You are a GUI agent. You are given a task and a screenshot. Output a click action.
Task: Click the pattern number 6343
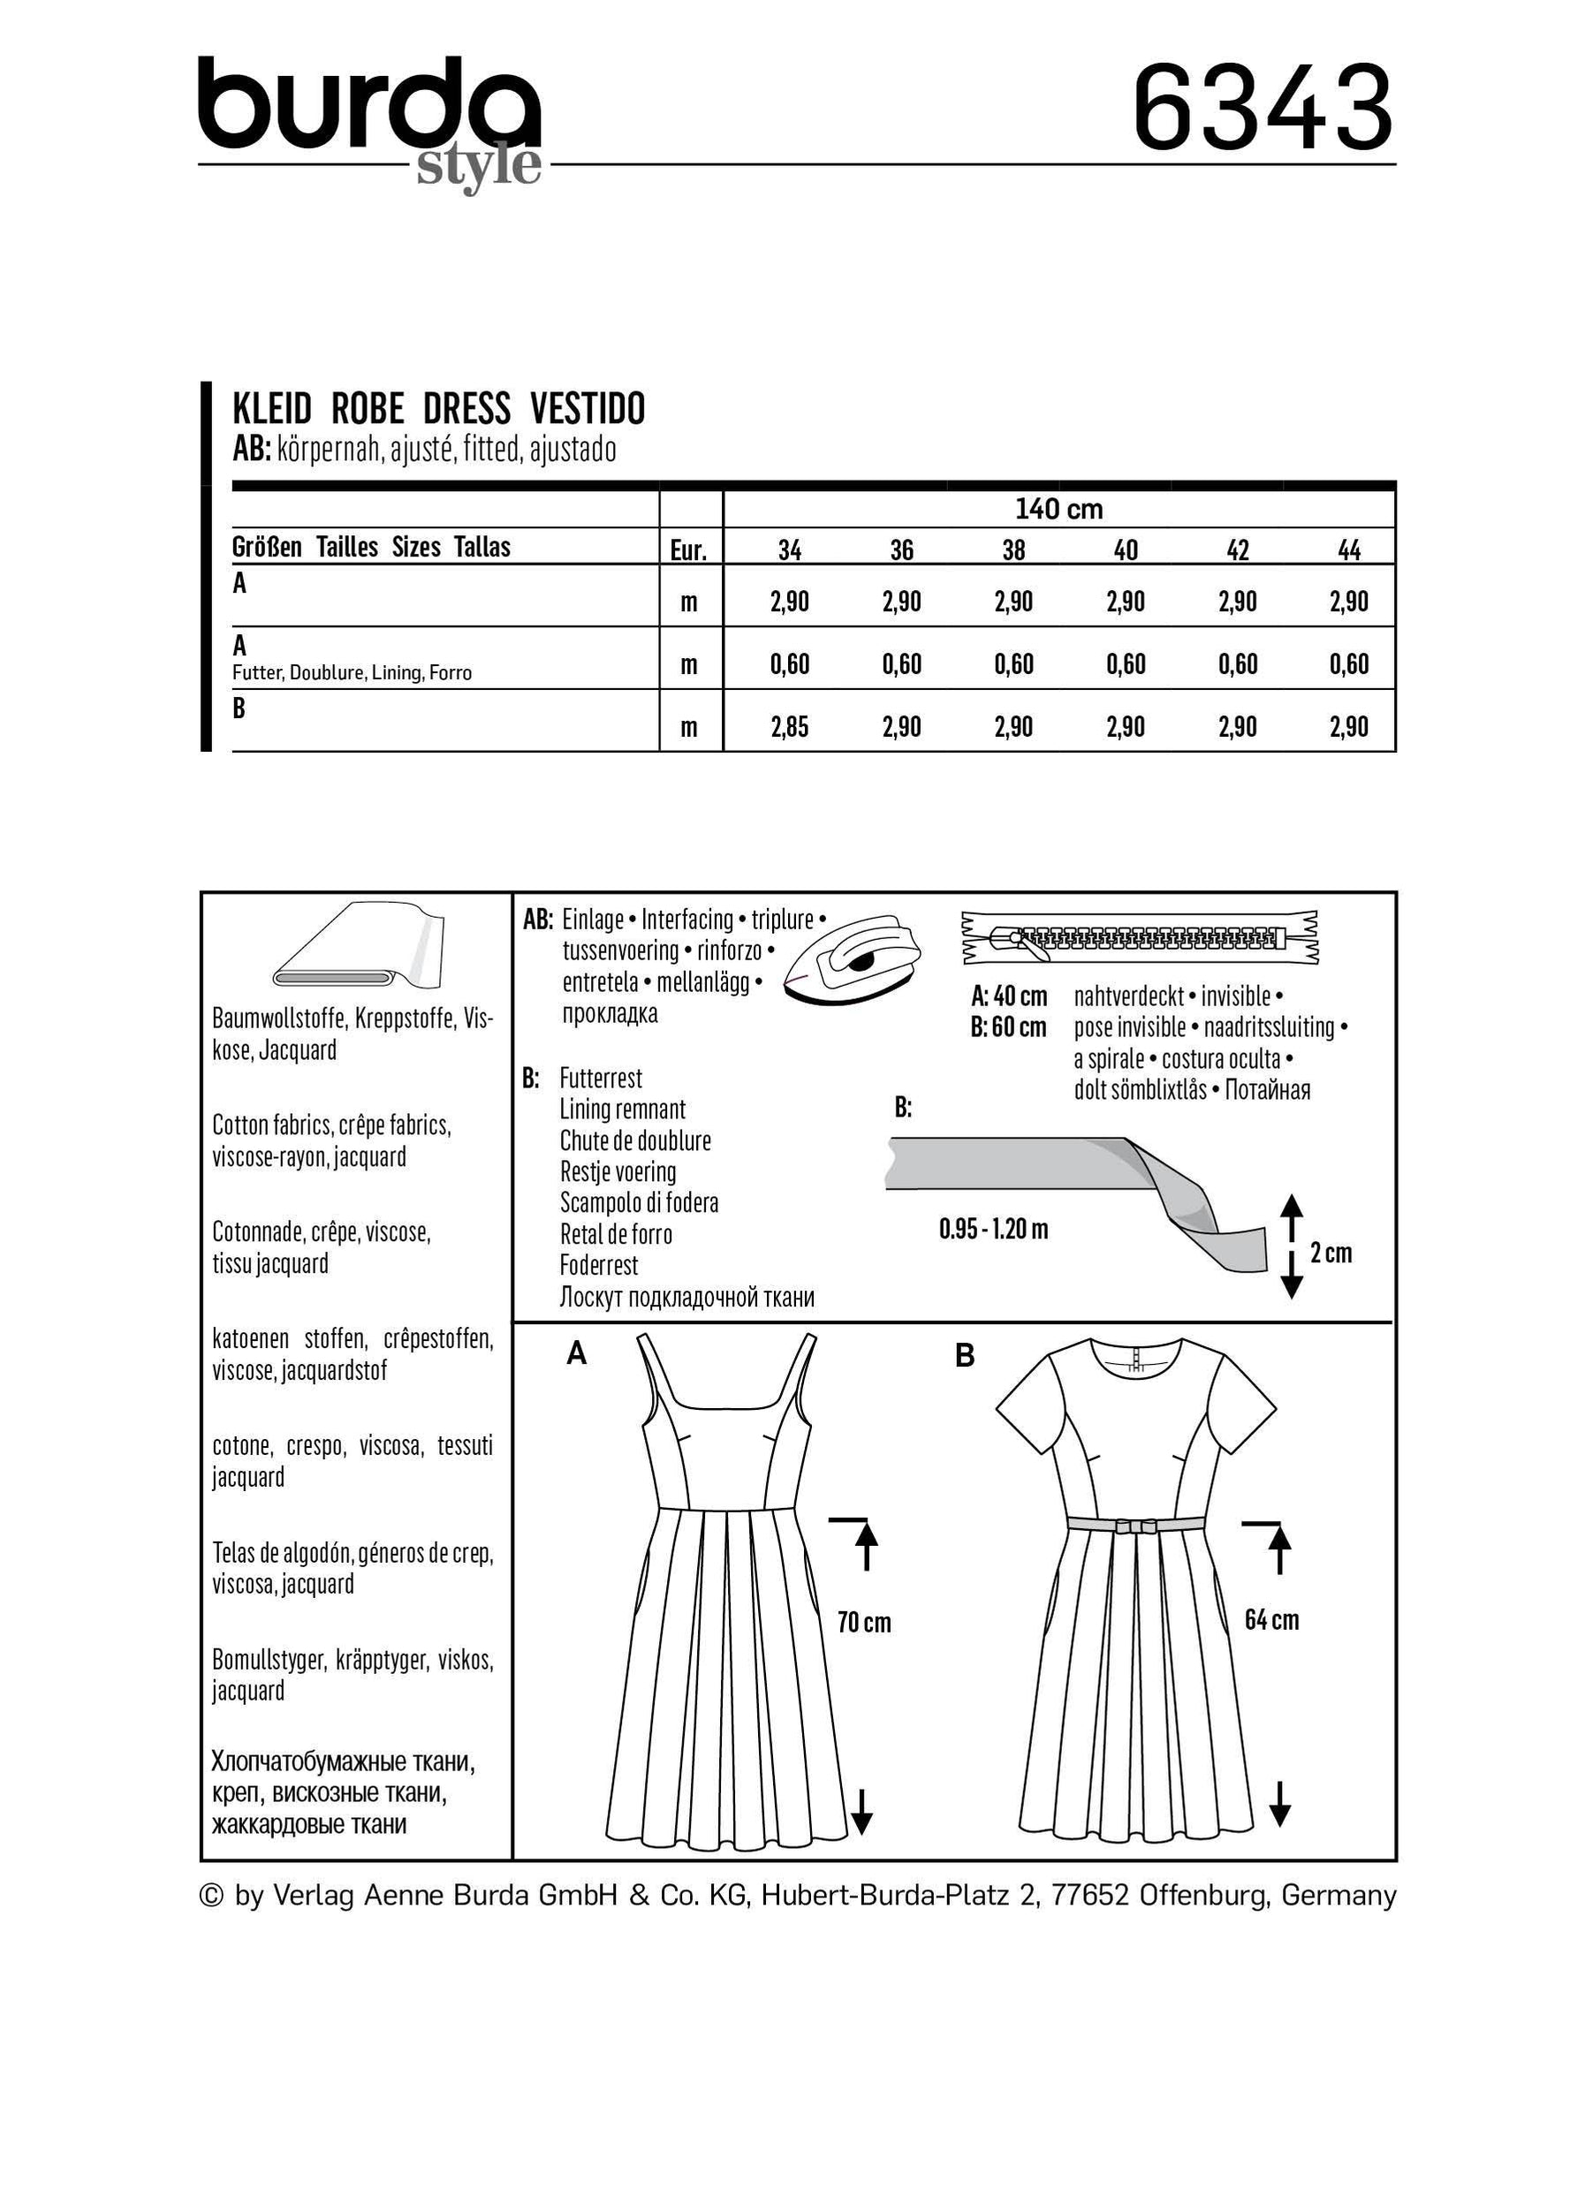[x=1263, y=107]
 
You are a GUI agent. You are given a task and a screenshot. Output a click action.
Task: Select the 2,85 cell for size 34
[x=789, y=727]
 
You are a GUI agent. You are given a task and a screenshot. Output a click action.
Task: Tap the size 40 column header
[x=1125, y=550]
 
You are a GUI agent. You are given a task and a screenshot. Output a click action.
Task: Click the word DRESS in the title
[x=466, y=409]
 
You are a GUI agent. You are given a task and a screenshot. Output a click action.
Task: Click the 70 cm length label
[x=863, y=1622]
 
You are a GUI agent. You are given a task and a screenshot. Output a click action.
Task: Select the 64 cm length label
[x=1270, y=1618]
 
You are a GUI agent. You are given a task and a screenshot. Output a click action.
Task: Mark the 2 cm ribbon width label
[x=1331, y=1253]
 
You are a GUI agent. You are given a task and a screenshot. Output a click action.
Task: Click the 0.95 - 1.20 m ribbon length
[x=992, y=1230]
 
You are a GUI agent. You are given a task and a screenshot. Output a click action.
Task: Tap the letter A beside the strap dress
[x=576, y=1355]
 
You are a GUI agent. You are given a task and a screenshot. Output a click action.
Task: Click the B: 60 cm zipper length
[x=1008, y=1027]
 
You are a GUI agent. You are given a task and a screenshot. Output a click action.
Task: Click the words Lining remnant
[x=622, y=1109]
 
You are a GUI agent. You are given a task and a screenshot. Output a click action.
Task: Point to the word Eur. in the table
[x=688, y=551]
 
